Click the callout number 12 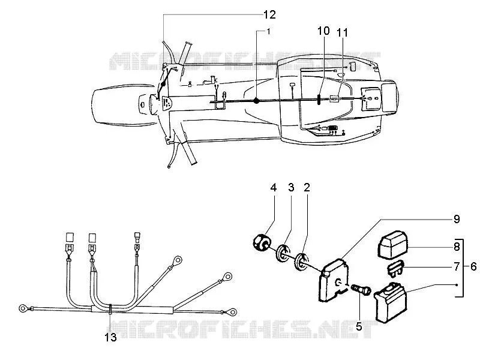point(269,14)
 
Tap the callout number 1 point(268,31)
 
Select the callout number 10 point(323,31)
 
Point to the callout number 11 point(342,32)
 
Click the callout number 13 point(111,337)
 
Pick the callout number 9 point(457,219)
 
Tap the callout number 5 point(359,326)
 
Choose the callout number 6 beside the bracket point(473,266)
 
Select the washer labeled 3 point(283,253)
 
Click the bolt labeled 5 point(361,290)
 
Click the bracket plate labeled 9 point(333,280)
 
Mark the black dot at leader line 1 point(257,101)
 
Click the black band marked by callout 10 point(319,100)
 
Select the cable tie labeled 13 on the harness point(110,309)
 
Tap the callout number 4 point(274,188)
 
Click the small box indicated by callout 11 point(334,98)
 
